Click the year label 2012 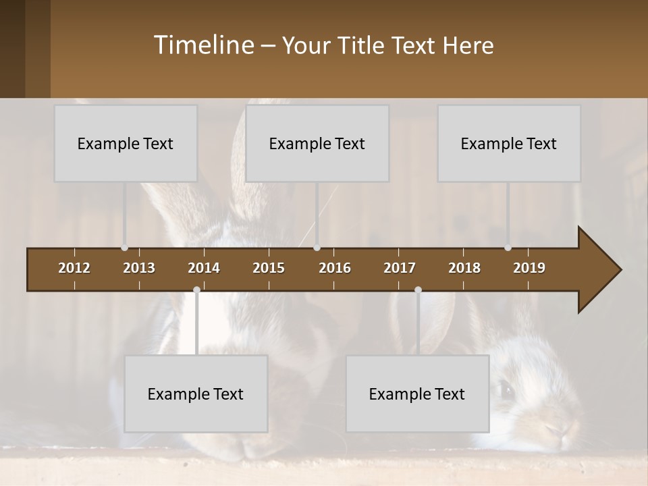[74, 268]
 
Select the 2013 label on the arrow [139, 268]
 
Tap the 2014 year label [204, 268]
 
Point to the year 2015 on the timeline [269, 268]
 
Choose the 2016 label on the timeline [335, 268]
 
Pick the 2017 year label [400, 268]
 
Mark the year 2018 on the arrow [464, 268]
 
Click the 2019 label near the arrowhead [529, 268]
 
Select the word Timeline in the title [202, 45]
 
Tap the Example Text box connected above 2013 [126, 143]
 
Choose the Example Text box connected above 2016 [317, 143]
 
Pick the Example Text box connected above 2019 [509, 143]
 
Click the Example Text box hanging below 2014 [196, 394]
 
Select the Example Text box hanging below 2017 [417, 394]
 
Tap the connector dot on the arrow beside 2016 [317, 248]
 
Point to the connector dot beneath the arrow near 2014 [196, 290]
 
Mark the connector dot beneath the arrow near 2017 [418, 290]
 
